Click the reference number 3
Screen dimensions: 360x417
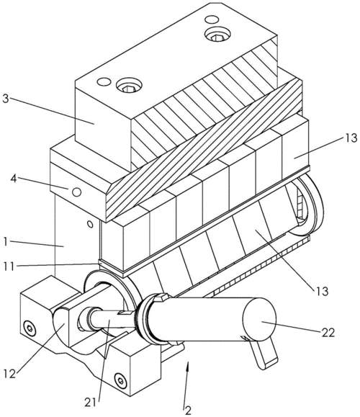tap(6, 99)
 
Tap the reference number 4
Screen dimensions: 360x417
tap(14, 179)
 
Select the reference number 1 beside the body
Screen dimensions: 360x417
tap(6, 241)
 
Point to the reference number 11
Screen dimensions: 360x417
tap(9, 266)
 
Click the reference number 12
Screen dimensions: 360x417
tap(10, 374)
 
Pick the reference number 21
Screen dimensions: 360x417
tap(91, 403)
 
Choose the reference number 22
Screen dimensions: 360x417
tap(328, 333)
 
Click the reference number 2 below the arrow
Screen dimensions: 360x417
tap(188, 411)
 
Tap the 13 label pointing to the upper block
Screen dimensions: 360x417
tap(351, 138)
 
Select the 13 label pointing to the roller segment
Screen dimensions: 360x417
tap(323, 291)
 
